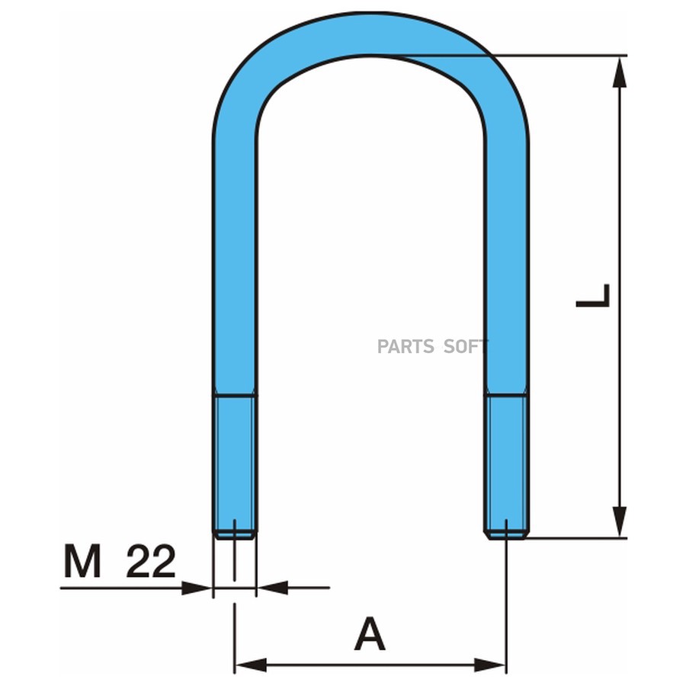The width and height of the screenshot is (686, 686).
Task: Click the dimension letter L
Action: pyautogui.click(x=593, y=296)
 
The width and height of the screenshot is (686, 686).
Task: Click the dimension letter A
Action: pyautogui.click(x=370, y=634)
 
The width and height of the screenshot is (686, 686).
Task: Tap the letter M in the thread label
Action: pyautogui.click(x=82, y=561)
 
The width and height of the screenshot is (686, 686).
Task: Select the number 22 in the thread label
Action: pyautogui.click(x=151, y=561)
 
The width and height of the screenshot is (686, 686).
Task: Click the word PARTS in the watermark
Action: pyautogui.click(x=406, y=347)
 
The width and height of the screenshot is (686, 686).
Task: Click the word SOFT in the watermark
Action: pyautogui.click(x=464, y=347)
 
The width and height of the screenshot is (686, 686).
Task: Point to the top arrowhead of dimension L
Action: pyautogui.click(x=620, y=72)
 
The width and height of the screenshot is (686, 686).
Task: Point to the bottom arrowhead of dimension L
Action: pyautogui.click(x=620, y=522)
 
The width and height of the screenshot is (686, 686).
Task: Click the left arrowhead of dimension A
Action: pyautogui.click(x=251, y=665)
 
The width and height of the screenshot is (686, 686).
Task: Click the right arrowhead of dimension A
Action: pyautogui.click(x=490, y=665)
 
